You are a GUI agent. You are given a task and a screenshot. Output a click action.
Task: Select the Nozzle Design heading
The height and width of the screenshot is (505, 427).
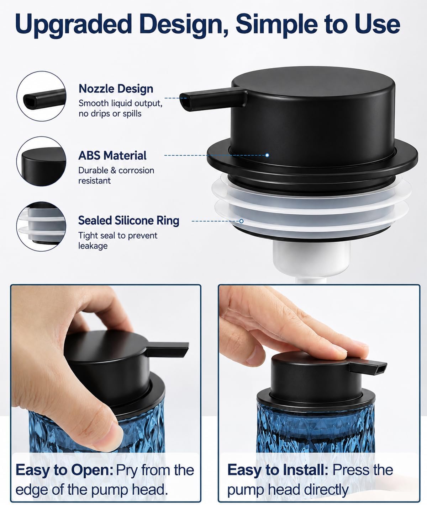tap(116, 89)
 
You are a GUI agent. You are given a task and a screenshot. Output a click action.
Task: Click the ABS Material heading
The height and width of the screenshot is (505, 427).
tap(112, 156)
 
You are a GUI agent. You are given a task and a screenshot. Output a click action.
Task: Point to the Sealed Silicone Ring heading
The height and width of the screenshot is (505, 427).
tap(128, 221)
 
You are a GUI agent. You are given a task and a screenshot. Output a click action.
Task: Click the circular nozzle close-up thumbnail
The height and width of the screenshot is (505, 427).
tap(41, 96)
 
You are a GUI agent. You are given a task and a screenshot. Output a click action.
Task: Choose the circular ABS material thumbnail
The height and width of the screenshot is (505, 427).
tap(41, 161)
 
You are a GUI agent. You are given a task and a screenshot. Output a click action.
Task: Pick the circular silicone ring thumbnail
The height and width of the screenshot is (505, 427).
tap(41, 226)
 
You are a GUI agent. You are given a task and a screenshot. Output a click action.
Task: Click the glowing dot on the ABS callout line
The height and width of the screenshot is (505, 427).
tap(267, 155)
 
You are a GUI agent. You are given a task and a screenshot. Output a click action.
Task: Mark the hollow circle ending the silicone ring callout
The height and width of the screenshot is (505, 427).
tap(241, 221)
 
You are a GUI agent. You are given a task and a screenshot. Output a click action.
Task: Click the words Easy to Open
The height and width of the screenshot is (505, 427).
tap(64, 470)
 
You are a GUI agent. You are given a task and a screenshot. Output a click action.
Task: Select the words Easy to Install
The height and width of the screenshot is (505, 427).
tap(278, 470)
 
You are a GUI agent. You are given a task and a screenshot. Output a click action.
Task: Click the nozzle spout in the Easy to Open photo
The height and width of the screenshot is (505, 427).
tap(167, 349)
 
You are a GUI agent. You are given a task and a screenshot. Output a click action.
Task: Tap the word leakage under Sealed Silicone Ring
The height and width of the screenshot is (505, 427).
tap(93, 246)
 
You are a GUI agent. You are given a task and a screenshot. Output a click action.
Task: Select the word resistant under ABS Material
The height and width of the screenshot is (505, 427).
tap(94, 181)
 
